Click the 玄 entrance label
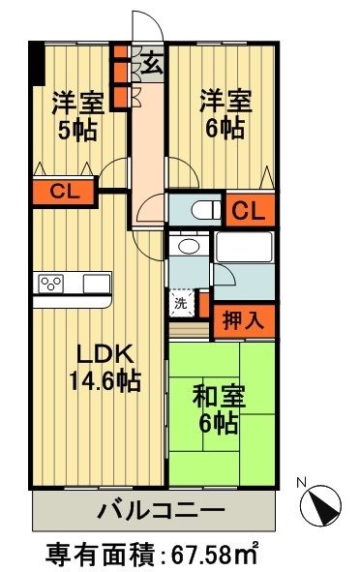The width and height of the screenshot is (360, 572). (153, 64)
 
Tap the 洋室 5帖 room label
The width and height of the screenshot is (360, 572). (77, 114)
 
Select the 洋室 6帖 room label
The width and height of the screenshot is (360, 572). (226, 114)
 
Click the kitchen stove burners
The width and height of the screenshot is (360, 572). (51, 283)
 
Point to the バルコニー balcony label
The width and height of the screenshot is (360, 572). (162, 509)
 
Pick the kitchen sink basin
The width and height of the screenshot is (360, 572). (98, 283)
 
